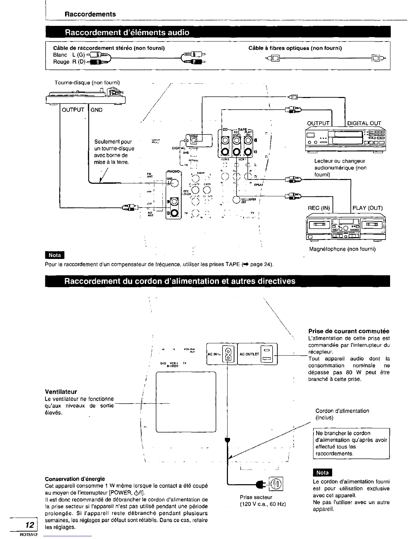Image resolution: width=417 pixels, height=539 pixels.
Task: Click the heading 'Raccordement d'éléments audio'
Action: click(127, 33)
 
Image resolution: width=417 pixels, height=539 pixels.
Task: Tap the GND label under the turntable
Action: click(96, 110)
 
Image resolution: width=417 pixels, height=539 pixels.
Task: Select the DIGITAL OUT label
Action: click(364, 123)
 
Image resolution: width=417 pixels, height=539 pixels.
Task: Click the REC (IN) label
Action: click(319, 208)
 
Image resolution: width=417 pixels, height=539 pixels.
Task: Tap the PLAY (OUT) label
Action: click(367, 208)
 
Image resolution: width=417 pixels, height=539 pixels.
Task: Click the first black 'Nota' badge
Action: click(55, 255)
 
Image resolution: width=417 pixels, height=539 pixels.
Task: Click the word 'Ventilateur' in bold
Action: click(61, 392)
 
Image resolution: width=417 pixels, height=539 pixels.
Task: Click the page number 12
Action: click(30, 525)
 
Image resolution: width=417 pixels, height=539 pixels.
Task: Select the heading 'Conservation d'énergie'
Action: click(75, 479)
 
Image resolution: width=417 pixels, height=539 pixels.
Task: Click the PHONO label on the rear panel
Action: click(174, 171)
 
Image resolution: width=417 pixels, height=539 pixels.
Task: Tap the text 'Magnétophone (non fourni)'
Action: click(342, 249)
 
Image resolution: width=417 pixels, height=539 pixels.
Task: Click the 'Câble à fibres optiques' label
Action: click(295, 48)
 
